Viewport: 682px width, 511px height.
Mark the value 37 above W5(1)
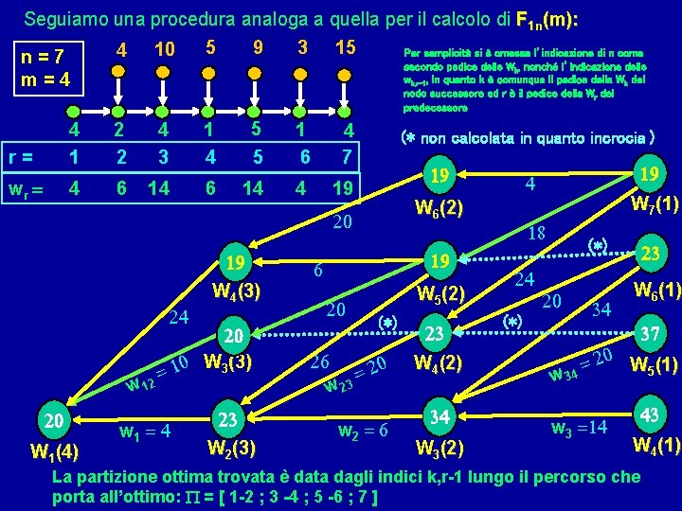[x=650, y=335]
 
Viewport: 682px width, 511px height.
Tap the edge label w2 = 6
[x=362, y=432]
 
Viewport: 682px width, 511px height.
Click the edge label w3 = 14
[x=581, y=428]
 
